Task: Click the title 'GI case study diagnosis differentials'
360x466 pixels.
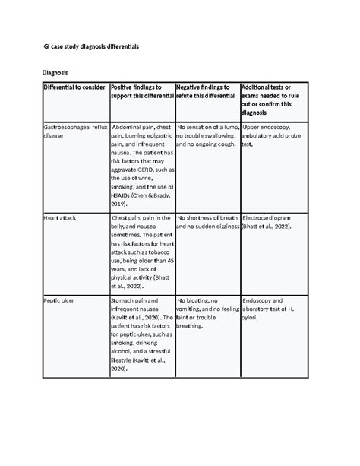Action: coord(90,46)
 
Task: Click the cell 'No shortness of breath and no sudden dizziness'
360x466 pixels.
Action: coord(207,221)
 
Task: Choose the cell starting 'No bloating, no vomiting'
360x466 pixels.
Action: coord(207,313)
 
